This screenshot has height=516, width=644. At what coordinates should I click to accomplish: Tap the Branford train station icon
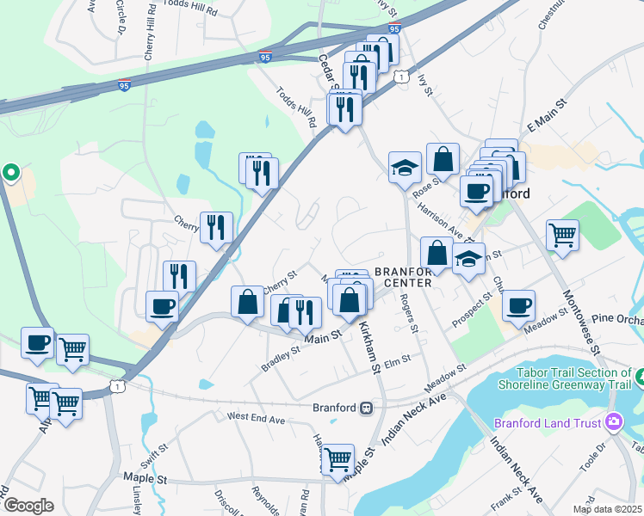point(366,407)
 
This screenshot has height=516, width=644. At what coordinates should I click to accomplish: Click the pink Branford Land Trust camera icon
point(614,421)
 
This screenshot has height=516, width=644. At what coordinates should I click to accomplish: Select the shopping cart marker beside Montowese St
point(562,235)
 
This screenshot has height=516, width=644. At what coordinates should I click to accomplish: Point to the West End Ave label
point(256,418)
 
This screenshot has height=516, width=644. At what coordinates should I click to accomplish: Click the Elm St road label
point(399,363)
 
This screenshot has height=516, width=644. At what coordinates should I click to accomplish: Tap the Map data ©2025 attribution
point(608,509)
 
